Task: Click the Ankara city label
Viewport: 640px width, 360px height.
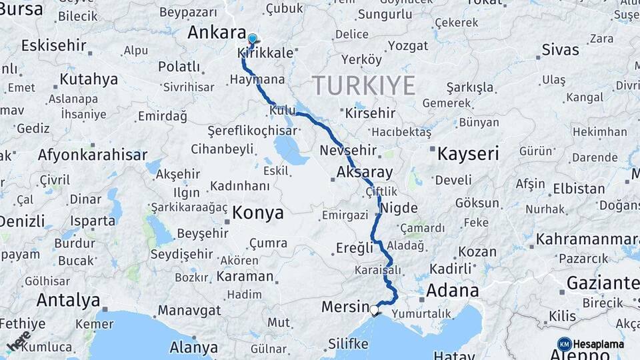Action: pos(217,33)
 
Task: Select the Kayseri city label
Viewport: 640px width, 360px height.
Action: pos(468,154)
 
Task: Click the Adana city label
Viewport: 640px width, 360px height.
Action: pos(452,291)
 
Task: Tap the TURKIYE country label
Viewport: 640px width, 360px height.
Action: pos(363,85)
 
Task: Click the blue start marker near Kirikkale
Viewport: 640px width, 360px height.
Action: pos(253,39)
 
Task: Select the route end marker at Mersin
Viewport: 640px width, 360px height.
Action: pos(375,311)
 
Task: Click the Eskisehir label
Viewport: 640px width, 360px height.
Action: pos(54,45)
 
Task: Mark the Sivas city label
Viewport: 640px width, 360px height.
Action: pos(560,49)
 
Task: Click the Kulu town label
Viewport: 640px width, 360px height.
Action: pos(283,109)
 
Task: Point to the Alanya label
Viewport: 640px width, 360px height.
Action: pos(193,347)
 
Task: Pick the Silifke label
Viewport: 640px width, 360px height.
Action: pos(348,344)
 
